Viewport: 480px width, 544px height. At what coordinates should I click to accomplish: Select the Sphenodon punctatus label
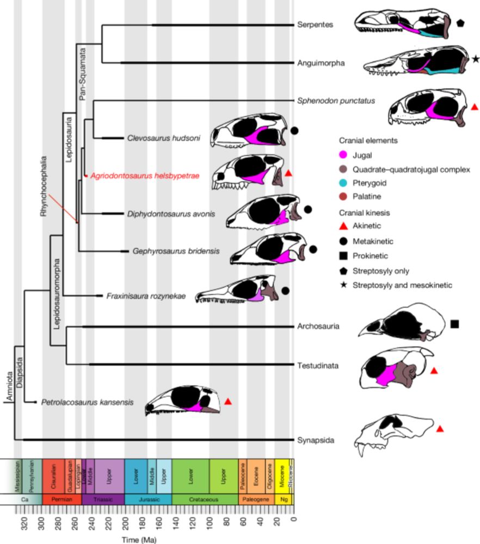(x=336, y=100)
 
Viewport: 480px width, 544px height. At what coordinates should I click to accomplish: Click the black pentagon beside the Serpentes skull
(x=460, y=23)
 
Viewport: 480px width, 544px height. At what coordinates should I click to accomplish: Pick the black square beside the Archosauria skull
(x=455, y=324)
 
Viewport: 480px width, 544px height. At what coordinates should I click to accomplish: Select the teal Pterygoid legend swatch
(x=342, y=183)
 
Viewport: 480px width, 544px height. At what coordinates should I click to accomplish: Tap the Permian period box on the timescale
(x=61, y=498)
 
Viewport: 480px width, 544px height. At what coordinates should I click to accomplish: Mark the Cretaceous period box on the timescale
(x=205, y=498)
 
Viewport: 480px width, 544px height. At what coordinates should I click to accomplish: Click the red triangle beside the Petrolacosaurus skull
(x=229, y=401)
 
